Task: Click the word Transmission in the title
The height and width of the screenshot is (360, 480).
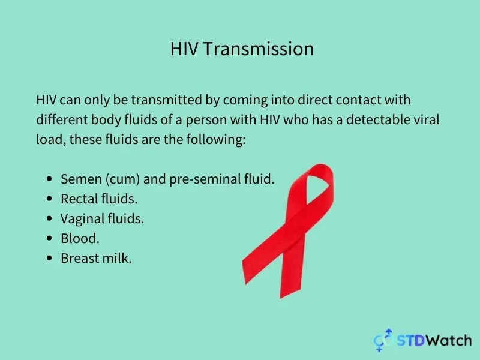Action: point(259,49)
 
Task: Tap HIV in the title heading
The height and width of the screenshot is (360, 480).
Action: point(184,49)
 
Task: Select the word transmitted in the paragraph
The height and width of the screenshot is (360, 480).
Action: point(167,100)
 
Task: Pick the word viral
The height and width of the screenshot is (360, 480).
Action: point(427,119)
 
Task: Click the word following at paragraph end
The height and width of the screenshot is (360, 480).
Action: point(216,140)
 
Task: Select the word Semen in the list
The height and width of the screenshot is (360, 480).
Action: point(81,179)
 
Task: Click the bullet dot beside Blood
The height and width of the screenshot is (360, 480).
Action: point(50,238)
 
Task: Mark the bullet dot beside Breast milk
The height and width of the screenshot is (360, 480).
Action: point(50,259)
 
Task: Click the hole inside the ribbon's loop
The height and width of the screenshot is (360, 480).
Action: point(317,187)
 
